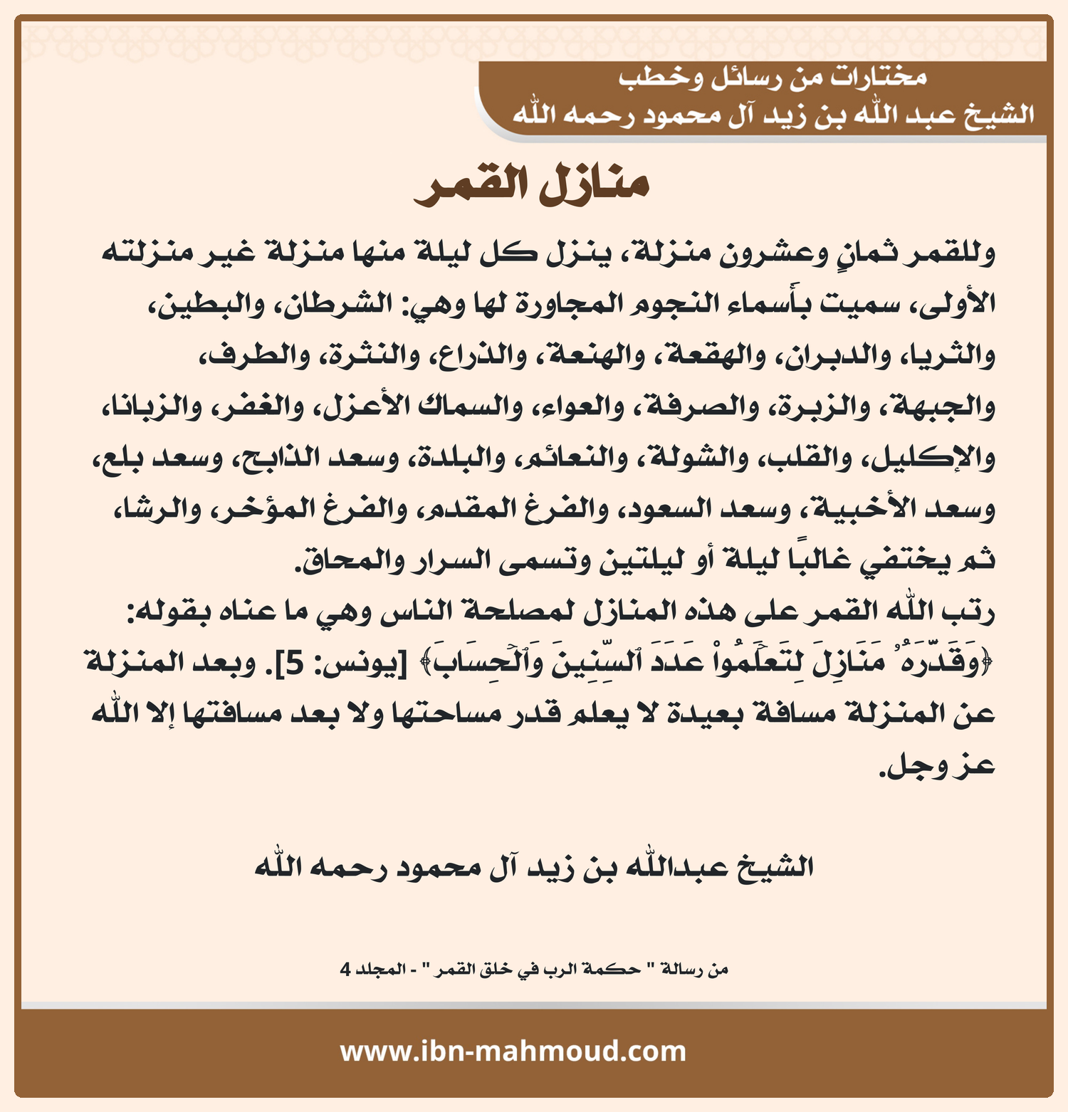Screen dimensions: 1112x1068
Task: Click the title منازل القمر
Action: point(532,187)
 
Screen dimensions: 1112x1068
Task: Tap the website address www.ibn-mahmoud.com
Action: point(513,1051)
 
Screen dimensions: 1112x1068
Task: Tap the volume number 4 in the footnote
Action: point(345,970)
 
